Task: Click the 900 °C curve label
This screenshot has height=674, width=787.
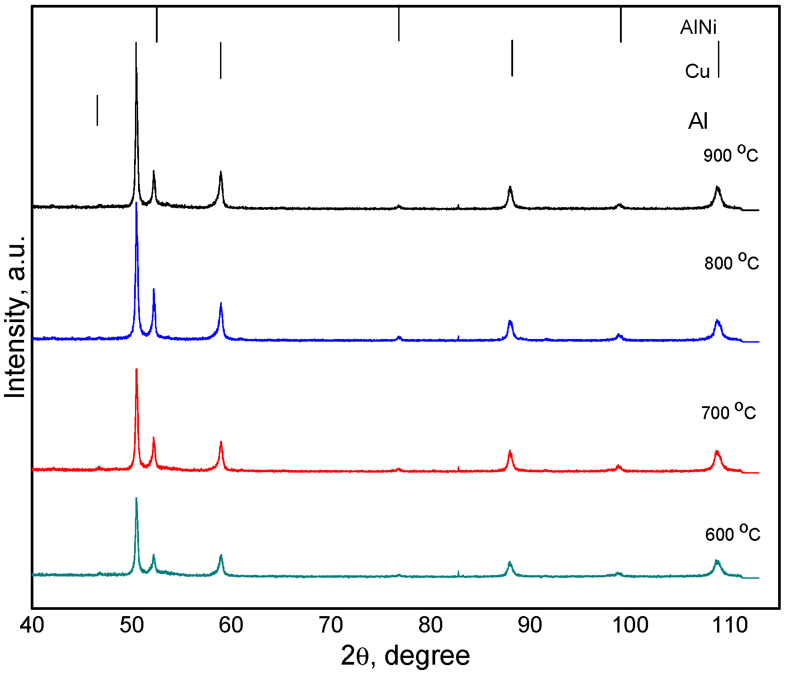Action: tap(730, 155)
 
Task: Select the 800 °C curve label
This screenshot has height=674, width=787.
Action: tap(731, 262)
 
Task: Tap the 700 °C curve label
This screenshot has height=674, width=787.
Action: tap(729, 412)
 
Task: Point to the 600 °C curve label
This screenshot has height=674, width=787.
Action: tap(732, 533)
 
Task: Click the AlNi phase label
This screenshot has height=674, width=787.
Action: tap(698, 28)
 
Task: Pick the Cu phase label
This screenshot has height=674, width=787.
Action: tap(697, 71)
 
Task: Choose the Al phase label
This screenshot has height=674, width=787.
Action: tap(697, 121)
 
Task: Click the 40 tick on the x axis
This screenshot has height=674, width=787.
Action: tap(32, 625)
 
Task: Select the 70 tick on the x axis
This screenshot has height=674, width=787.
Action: tap(331, 625)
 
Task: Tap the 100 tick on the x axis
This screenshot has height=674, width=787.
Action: tap(630, 625)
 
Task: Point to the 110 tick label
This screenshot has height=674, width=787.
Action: tap(730, 625)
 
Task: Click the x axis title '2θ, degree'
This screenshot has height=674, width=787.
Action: tap(405, 656)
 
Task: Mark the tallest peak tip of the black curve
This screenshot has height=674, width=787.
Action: tap(136, 43)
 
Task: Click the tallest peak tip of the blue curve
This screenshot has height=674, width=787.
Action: tap(136, 203)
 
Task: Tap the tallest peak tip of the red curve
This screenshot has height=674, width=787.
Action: tap(136, 369)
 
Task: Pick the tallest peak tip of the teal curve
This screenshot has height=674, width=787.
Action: tap(136, 498)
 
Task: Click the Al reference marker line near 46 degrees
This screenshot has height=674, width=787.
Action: tap(97, 110)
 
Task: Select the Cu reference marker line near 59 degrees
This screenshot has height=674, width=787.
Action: tap(220, 61)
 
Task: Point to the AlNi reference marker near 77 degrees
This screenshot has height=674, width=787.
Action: tap(399, 24)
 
